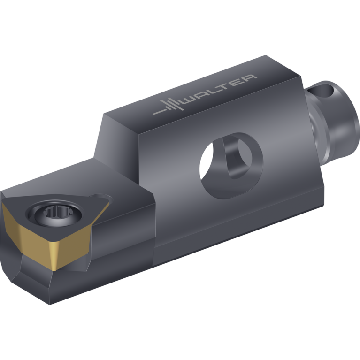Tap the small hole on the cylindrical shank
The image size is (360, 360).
coord(321,89)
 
